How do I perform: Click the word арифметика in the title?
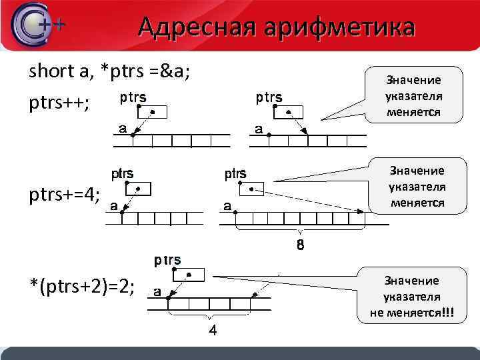click(x=338, y=27)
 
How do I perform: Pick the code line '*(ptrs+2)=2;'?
click(x=82, y=287)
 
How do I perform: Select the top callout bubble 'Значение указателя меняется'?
click(x=414, y=96)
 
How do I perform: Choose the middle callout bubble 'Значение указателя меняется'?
click(x=417, y=186)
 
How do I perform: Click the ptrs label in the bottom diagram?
click(x=167, y=259)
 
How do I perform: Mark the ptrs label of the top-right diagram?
click(x=269, y=98)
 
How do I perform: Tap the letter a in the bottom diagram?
click(x=157, y=291)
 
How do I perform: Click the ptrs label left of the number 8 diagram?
click(x=235, y=175)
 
